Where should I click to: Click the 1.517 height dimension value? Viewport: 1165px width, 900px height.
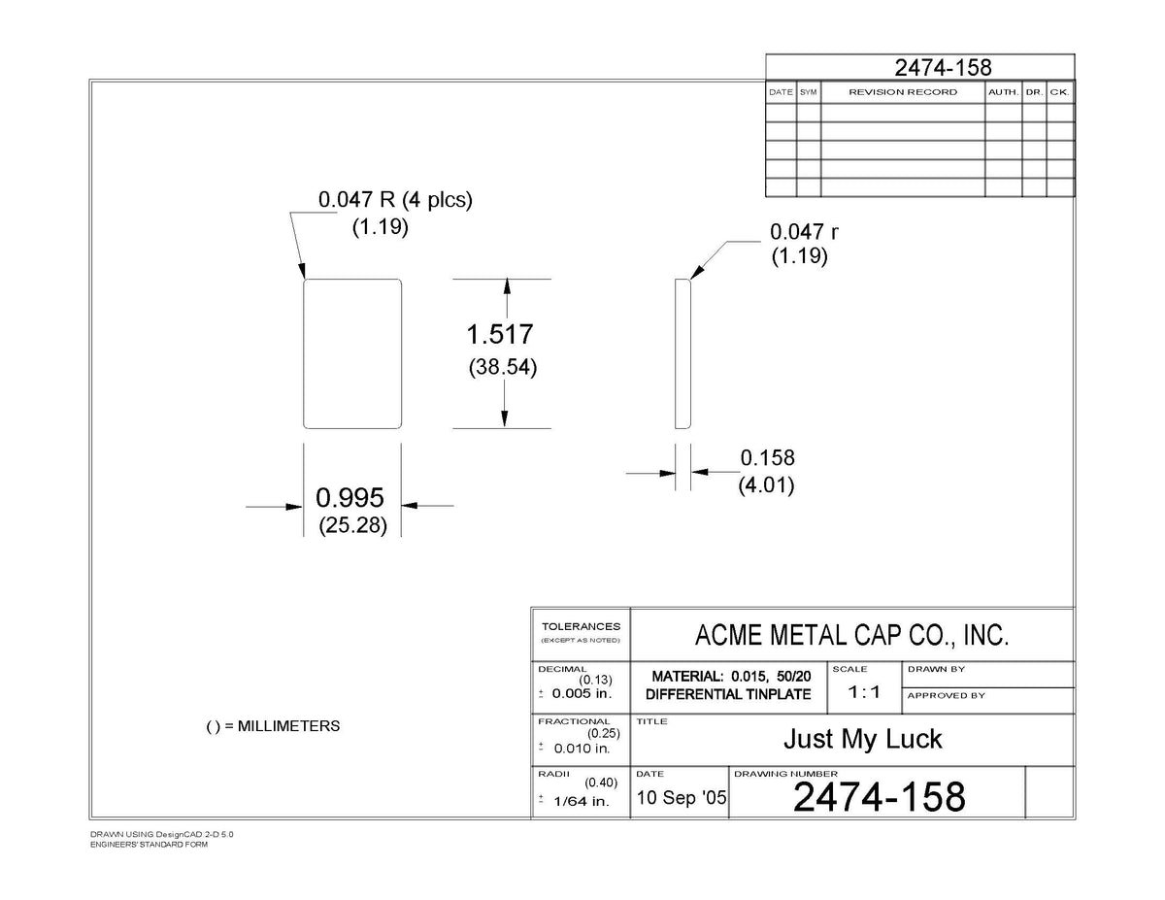pyautogui.click(x=500, y=334)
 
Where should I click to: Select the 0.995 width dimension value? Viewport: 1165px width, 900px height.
pyautogui.click(x=349, y=497)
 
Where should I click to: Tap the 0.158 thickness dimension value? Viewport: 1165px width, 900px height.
pyautogui.click(x=767, y=458)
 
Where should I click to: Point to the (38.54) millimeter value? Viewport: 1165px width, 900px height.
pyautogui.click(x=502, y=367)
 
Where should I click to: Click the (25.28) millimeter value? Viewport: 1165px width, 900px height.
pyautogui.click(x=352, y=525)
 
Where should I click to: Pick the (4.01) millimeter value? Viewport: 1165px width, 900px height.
pyautogui.click(x=766, y=485)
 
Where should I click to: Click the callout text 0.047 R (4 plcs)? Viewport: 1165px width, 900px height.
pyautogui.click(x=395, y=199)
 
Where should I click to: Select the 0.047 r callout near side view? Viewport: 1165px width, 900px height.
pyautogui.click(x=804, y=232)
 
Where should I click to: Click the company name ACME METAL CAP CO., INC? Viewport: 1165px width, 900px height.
pyautogui.click(x=851, y=635)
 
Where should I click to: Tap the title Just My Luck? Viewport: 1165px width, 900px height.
pyautogui.click(x=862, y=739)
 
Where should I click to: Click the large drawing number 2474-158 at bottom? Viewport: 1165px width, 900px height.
pyautogui.click(x=880, y=797)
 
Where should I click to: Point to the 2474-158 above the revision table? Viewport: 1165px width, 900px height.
pyautogui.click(x=943, y=68)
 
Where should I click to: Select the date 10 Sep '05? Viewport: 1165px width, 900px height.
pyautogui.click(x=682, y=798)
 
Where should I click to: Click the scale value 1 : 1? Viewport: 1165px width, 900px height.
pyautogui.click(x=864, y=692)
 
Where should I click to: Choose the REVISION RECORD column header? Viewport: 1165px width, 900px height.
pyautogui.click(x=903, y=92)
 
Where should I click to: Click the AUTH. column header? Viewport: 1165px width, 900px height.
pyautogui.click(x=1003, y=92)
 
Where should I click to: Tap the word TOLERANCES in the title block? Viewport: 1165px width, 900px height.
pyautogui.click(x=582, y=626)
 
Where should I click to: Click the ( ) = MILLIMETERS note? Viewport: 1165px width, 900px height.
pyautogui.click(x=273, y=726)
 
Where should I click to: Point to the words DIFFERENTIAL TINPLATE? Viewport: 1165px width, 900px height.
pyautogui.click(x=728, y=694)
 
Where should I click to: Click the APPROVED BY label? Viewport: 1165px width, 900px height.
pyautogui.click(x=947, y=695)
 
